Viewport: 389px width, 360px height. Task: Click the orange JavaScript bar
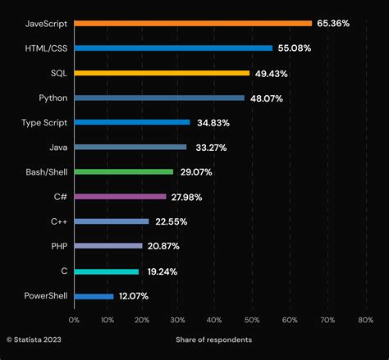(x=193, y=23)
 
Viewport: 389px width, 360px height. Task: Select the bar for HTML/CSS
(x=173, y=48)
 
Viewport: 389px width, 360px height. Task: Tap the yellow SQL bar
(x=162, y=73)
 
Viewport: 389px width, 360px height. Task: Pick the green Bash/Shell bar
(x=124, y=171)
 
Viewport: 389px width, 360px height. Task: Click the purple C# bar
(x=120, y=197)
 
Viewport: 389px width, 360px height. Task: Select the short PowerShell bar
(x=94, y=296)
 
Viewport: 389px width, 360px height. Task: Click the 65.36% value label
(x=333, y=24)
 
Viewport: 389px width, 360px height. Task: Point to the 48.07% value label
(x=266, y=98)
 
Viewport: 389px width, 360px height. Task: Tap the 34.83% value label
(x=212, y=122)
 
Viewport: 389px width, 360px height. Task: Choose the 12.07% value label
(x=135, y=296)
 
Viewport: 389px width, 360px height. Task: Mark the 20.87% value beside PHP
(x=162, y=246)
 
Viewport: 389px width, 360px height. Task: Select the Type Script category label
(x=44, y=122)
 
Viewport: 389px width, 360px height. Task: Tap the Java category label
(x=58, y=148)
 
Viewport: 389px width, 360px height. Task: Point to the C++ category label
(x=58, y=221)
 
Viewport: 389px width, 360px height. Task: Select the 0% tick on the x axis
(x=74, y=319)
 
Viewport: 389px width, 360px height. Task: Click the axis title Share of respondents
(x=213, y=339)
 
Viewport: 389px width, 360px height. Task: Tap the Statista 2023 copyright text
(x=34, y=339)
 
